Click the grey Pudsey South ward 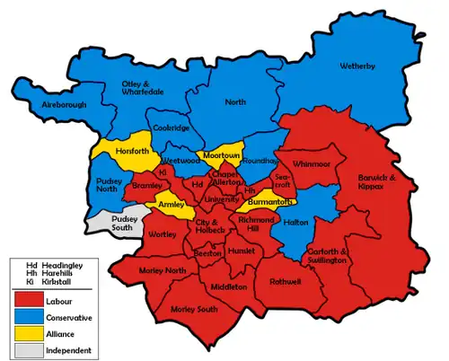[x=110, y=224]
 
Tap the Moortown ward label [x=219, y=155]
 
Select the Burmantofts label [x=268, y=204]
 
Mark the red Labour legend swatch [x=30, y=301]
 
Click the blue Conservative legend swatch [x=30, y=317]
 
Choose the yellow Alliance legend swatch [x=30, y=333]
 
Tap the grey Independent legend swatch [x=30, y=349]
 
